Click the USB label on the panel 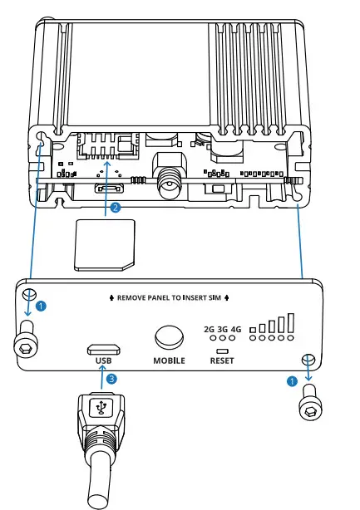102,361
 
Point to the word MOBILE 169,361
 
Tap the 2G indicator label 208,328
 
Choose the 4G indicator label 236,328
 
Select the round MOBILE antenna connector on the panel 169,336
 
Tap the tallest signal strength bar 290,322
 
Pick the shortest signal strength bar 253,329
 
